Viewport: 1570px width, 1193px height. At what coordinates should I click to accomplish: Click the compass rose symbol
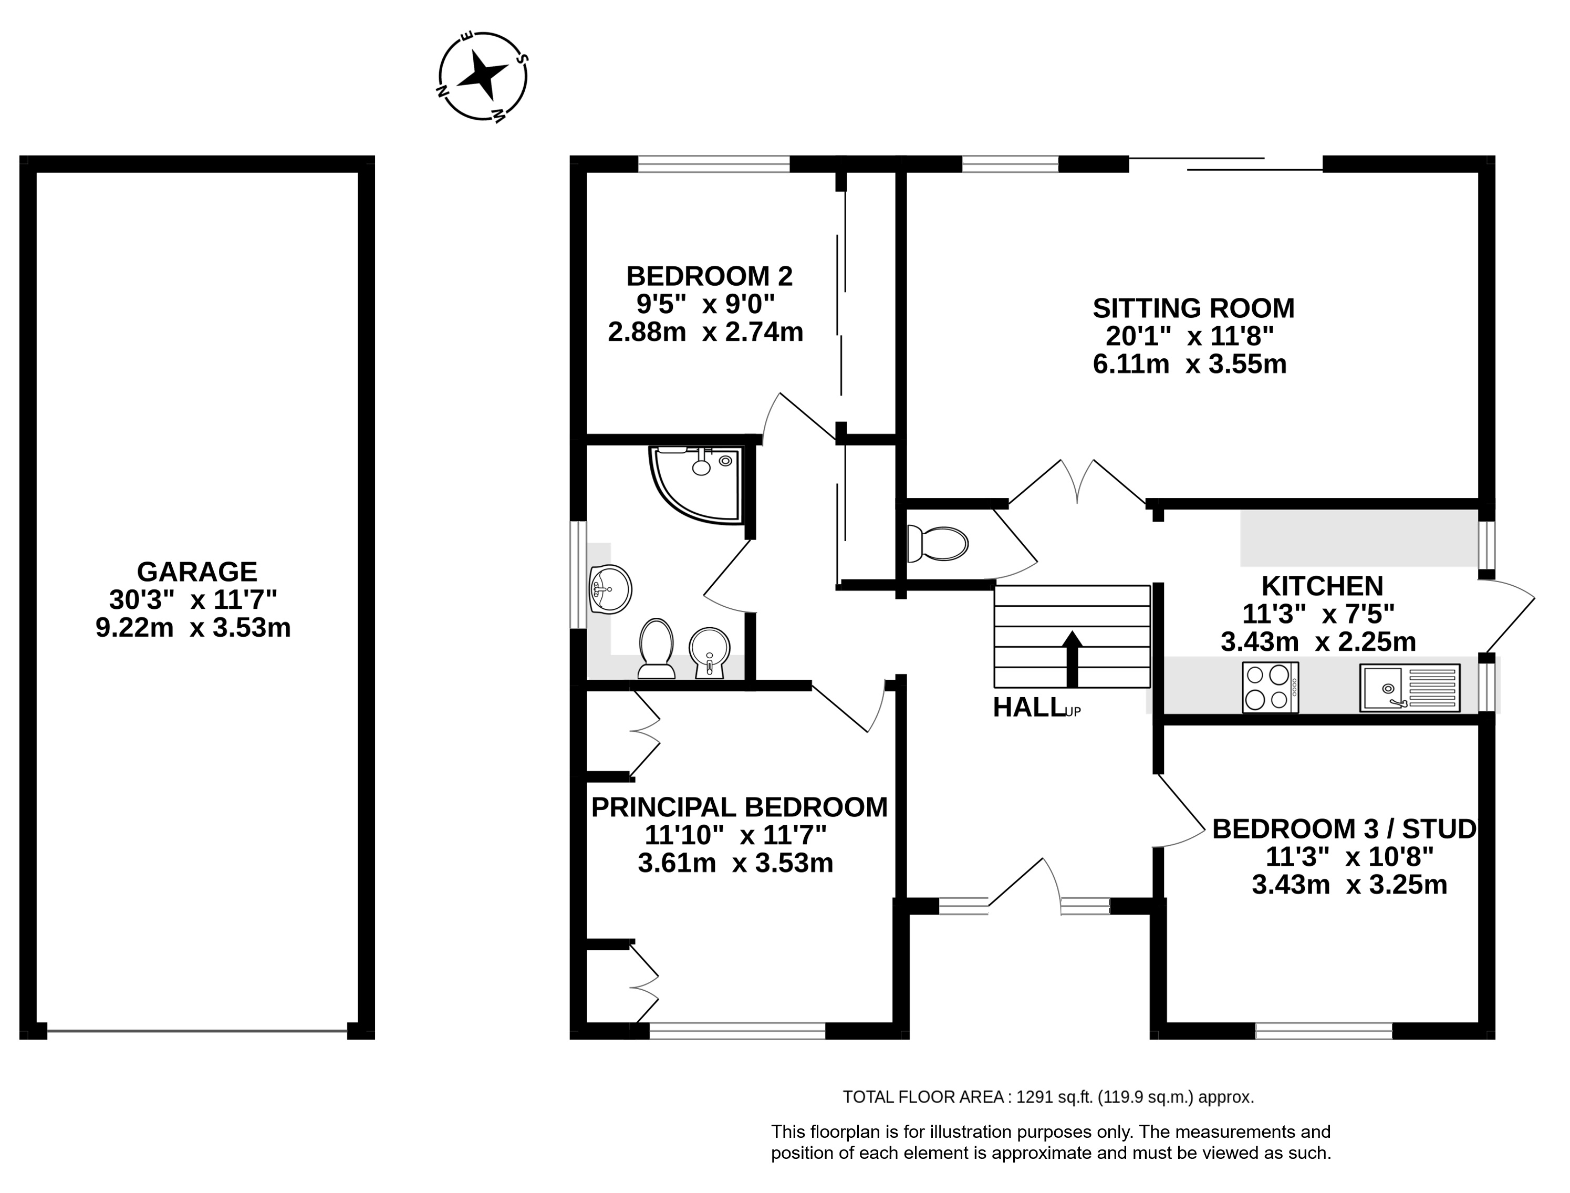tap(483, 77)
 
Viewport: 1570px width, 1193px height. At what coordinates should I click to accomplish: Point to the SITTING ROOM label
tap(1193, 308)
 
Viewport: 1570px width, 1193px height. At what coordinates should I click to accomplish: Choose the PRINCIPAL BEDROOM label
tap(739, 807)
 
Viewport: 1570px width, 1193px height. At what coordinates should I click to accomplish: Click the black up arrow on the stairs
tap(1072, 658)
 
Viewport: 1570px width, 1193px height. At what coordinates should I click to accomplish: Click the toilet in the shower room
tap(656, 648)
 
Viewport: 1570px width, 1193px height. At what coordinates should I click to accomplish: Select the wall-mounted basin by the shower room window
tap(610, 589)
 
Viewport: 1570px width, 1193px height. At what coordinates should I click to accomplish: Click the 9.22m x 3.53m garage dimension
tap(193, 628)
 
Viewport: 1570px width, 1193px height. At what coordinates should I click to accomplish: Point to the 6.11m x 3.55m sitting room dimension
tap(1189, 364)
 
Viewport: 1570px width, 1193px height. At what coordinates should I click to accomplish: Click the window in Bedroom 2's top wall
tap(714, 164)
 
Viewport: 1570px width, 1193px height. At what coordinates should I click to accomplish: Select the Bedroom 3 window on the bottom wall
tap(1324, 1031)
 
